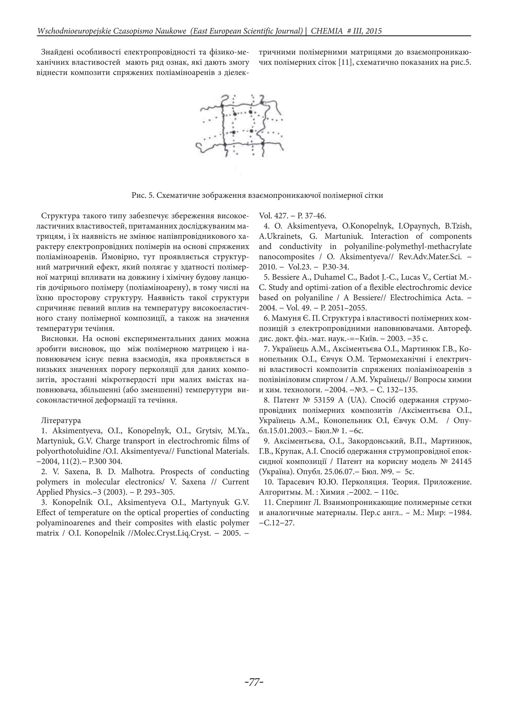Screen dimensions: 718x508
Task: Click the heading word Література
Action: click(61, 420)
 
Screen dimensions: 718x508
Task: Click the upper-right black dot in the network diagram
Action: click(250, 112)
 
